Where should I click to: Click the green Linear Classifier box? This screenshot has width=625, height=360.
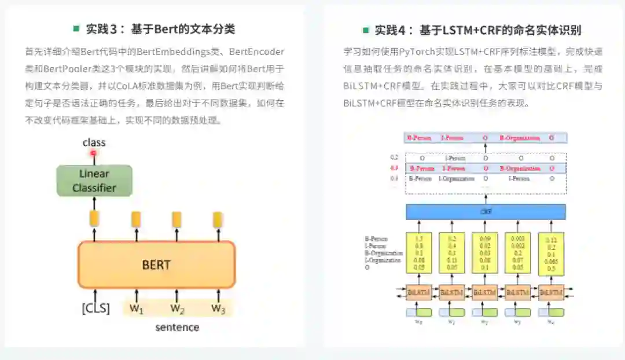[x=94, y=181]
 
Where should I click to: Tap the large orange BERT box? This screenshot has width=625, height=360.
[x=156, y=265]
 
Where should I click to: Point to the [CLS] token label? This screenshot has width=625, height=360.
[x=95, y=308]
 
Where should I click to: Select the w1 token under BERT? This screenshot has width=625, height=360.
[x=136, y=308]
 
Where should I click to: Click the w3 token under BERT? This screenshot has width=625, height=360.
[x=218, y=308]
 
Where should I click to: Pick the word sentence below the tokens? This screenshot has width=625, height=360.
[x=177, y=328]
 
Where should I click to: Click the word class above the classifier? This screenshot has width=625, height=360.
[x=94, y=142]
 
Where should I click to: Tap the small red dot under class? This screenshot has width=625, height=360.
[x=93, y=153]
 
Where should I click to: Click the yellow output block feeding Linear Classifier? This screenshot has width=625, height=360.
[x=95, y=219]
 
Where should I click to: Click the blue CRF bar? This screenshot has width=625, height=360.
[x=485, y=212]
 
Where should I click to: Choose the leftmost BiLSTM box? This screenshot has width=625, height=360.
[x=418, y=293]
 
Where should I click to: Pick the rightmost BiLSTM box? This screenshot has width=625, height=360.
[x=551, y=293]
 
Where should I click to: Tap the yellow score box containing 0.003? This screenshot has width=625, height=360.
[x=518, y=252]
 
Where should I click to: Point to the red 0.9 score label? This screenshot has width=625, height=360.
[x=394, y=168]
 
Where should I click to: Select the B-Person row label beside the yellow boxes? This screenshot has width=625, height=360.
[x=376, y=238]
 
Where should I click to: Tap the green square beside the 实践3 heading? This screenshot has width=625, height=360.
[x=76, y=28]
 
